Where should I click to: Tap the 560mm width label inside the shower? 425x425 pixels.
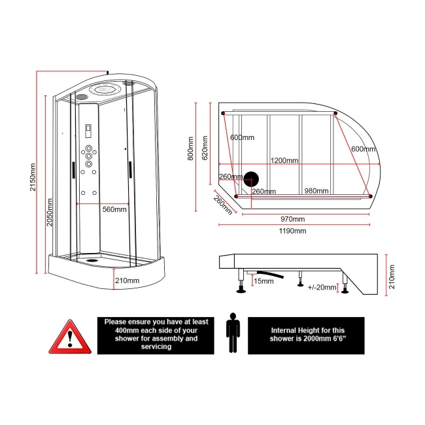point(114,209)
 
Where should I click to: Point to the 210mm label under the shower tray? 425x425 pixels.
point(127,280)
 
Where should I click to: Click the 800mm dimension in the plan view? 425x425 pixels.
point(190,149)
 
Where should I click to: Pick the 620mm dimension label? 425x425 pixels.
point(205,147)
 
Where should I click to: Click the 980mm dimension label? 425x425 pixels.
point(316,191)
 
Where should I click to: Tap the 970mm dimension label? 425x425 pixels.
point(292,219)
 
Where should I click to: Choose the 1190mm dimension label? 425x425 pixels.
point(292,231)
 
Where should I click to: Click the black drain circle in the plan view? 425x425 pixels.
point(251,178)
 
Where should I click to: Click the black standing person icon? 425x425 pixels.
point(233,333)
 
